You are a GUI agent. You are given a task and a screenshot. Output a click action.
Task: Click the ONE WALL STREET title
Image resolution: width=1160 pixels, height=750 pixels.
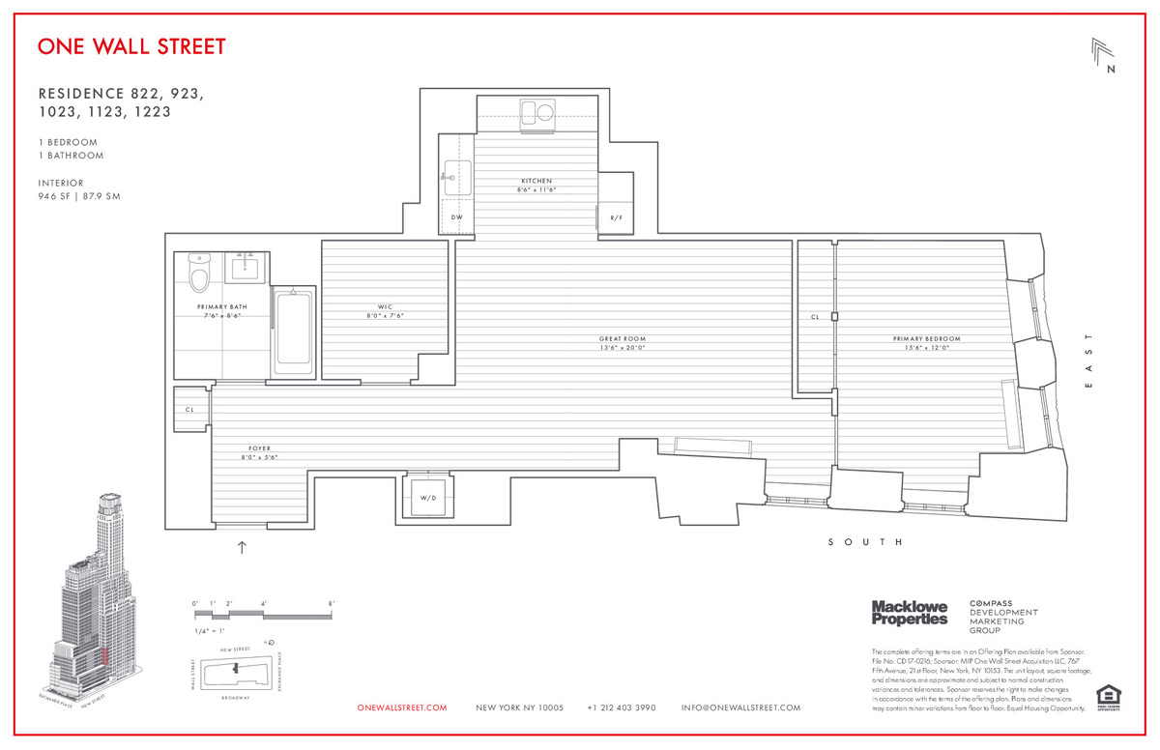coord(131,46)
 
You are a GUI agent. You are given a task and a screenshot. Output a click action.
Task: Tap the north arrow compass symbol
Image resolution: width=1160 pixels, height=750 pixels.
coord(1104,56)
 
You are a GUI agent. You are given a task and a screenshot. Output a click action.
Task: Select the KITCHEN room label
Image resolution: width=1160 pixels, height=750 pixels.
coord(536,182)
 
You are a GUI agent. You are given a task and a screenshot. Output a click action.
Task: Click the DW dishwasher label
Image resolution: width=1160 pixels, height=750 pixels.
coord(457,217)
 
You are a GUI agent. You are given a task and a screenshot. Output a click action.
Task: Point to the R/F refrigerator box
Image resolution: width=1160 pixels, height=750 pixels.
coord(616,218)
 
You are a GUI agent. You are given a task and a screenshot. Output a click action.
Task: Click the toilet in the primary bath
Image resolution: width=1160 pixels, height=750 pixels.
coord(200,274)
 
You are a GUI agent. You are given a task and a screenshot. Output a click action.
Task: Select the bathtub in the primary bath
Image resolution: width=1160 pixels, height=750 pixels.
coord(293,333)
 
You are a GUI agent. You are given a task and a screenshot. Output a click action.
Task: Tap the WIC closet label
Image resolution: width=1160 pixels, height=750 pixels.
coord(385,307)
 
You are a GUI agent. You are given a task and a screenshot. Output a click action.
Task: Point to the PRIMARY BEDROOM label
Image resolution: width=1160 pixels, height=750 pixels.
coord(927,339)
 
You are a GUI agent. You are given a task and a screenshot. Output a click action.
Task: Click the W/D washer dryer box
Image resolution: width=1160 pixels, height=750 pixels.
coord(426,498)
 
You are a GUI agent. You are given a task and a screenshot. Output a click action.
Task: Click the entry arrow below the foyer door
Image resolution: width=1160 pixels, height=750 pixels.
coord(242,548)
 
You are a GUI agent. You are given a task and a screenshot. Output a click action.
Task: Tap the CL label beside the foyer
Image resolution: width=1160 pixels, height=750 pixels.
coord(190,410)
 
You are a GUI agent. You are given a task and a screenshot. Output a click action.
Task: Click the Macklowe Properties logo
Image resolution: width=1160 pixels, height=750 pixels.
coord(910,613)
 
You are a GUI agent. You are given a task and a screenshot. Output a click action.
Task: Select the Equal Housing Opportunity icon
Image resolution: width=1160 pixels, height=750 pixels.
coord(1108,697)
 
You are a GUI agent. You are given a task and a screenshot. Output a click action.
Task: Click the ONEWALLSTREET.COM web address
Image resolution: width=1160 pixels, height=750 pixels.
coord(402,708)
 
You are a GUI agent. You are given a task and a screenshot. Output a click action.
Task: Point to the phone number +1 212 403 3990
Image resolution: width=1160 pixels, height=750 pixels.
coord(622,708)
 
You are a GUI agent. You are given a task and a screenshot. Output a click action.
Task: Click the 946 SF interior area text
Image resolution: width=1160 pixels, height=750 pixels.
coord(79,197)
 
